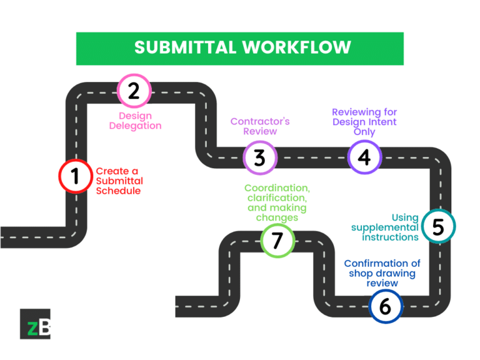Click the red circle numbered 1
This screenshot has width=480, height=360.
pos(75,176)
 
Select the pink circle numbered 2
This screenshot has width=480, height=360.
pos(134,91)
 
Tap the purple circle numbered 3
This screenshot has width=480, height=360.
pos(259,157)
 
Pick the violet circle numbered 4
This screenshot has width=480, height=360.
pos(364,157)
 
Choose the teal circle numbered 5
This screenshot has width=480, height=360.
pos(438,227)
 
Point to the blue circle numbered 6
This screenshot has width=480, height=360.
pos(385,306)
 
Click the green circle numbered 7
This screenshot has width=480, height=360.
pos(277,241)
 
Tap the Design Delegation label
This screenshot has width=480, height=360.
pos(135,121)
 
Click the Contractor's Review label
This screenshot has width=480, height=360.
pos(260,126)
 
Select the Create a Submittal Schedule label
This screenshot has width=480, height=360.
pos(119,181)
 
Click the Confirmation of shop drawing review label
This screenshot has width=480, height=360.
pos(382,273)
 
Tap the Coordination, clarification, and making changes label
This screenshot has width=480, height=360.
pos(277,202)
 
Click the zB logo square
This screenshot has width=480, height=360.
pos(35,324)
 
